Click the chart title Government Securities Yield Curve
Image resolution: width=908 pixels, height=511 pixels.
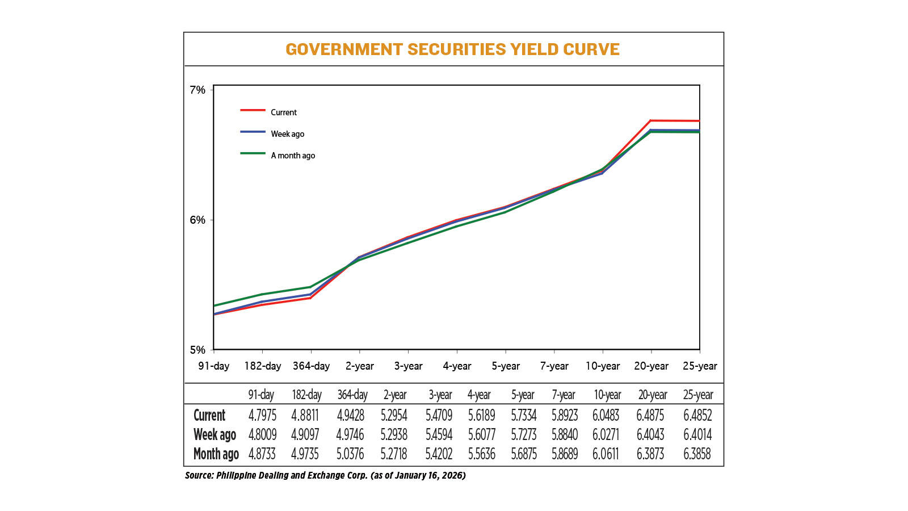tap(452, 49)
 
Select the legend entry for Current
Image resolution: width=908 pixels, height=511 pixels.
tap(283, 112)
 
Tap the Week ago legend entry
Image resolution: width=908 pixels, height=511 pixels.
tap(287, 134)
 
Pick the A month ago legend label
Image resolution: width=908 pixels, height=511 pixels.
tap(293, 156)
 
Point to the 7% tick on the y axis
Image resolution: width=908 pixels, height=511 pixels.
tap(197, 90)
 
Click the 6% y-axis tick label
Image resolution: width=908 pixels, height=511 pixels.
tap(197, 220)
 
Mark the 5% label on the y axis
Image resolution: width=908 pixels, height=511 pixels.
tap(197, 350)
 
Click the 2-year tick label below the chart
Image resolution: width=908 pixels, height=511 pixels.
tap(360, 366)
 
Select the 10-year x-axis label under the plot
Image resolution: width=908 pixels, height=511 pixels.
tap(603, 366)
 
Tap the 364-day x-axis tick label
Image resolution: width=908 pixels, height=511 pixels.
tap(311, 366)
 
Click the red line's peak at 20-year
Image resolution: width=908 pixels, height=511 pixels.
tap(651, 120)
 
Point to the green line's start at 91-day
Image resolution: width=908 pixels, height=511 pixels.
tap(215, 305)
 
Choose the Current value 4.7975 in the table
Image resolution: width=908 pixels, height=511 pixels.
tap(262, 416)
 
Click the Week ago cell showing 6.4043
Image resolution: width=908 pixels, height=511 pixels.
tap(650, 435)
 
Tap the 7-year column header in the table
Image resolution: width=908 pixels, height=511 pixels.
tap(563, 395)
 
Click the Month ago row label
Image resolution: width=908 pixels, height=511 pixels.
tap(216, 454)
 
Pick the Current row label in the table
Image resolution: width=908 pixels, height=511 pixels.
tap(209, 416)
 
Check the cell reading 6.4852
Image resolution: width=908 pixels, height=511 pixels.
tap(697, 416)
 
